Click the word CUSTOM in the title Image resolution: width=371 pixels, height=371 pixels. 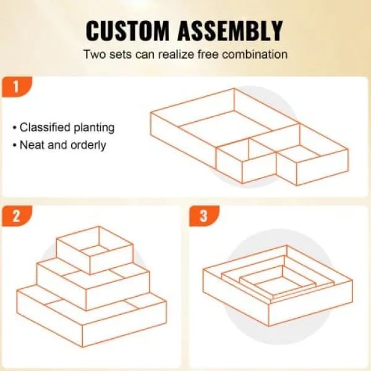pyautogui.click(x=127, y=31)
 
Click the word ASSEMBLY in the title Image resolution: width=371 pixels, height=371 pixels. pyautogui.click(x=230, y=31)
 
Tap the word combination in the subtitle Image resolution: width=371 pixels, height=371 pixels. pyautogui.click(x=255, y=54)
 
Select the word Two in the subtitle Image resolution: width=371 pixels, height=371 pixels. pyautogui.click(x=94, y=54)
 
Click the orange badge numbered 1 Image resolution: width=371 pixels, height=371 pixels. pyautogui.click(x=17, y=87)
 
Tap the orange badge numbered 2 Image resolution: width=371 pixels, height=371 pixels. pyautogui.click(x=17, y=216)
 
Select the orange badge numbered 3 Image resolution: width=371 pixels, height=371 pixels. pyautogui.click(x=204, y=216)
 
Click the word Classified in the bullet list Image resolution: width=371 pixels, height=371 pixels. pyautogui.click(x=45, y=127)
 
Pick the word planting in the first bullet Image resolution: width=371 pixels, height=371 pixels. pyautogui.click(x=94, y=128)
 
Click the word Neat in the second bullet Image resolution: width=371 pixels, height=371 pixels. pyautogui.click(x=33, y=145)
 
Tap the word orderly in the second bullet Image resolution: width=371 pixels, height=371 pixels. pyautogui.click(x=88, y=145)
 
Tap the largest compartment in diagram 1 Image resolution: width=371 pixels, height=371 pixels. pyautogui.click(x=225, y=126)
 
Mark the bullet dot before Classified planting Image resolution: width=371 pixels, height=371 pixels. pyautogui.click(x=15, y=128)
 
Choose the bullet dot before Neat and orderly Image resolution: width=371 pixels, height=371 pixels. pyautogui.click(x=15, y=145)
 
